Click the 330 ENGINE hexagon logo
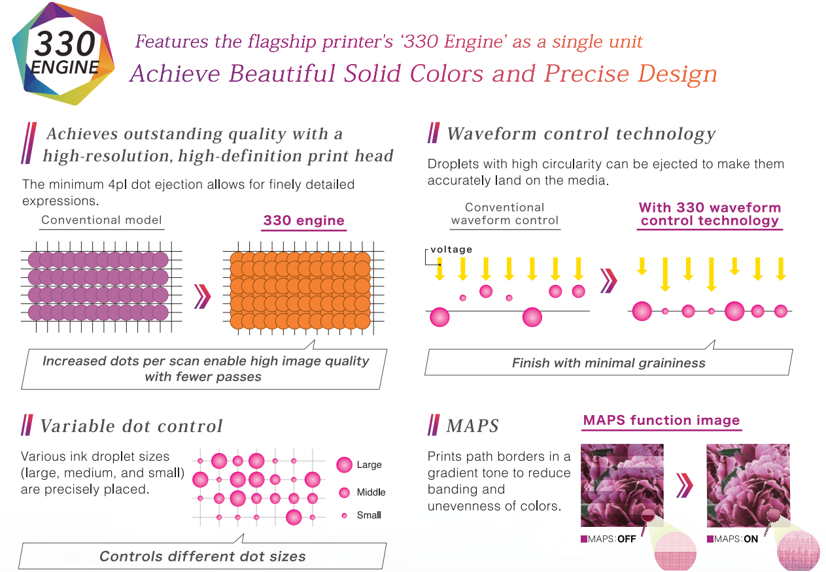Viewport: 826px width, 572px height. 63,54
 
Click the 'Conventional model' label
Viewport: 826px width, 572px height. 101,220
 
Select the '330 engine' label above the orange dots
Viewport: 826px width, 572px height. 304,220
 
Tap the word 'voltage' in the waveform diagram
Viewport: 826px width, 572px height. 451,250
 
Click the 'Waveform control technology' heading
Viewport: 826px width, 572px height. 581,134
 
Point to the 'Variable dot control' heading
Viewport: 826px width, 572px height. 131,426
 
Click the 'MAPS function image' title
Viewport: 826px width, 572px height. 662,420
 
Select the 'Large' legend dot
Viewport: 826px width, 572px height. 345,465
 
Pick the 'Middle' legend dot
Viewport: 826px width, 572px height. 345,493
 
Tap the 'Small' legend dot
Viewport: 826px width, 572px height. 345,516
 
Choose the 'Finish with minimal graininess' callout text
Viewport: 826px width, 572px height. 609,363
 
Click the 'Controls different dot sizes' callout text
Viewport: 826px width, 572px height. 203,556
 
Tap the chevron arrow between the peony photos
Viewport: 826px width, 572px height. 685,486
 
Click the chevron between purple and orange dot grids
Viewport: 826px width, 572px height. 203,296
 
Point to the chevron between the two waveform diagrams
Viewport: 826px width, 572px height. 608,281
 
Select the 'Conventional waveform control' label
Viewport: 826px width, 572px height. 505,214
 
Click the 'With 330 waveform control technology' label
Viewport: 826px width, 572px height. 710,214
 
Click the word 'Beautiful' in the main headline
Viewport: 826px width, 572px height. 282,73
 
